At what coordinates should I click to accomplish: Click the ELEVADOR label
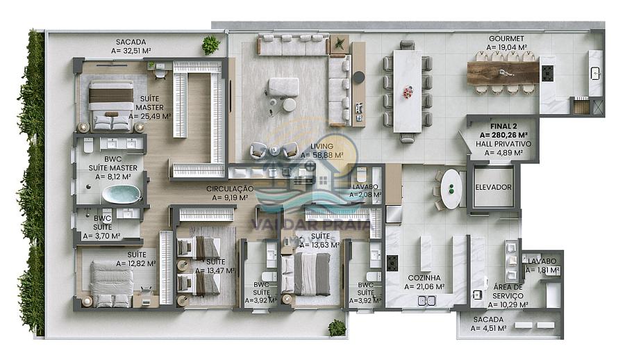[494, 188]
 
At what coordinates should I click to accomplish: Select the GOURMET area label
[506, 39]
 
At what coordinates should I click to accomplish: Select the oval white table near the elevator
[452, 188]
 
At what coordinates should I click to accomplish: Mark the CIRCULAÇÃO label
[229, 188]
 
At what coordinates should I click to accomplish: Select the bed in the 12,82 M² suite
[111, 284]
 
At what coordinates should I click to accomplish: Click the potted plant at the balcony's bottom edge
[337, 327]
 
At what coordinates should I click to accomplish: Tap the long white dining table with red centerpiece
[407, 91]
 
